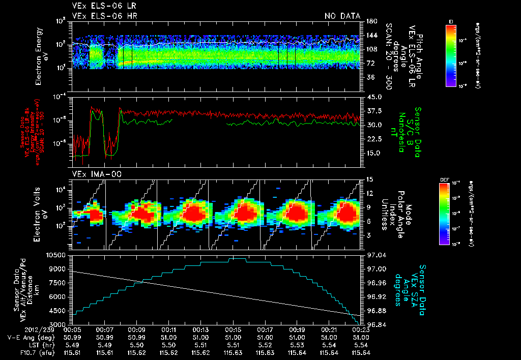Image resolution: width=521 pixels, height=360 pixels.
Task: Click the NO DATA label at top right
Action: [x=342, y=16]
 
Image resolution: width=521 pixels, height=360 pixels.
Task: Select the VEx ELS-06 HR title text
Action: [x=104, y=16]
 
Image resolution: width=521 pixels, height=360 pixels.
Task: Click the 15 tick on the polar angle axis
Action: [x=369, y=179]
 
